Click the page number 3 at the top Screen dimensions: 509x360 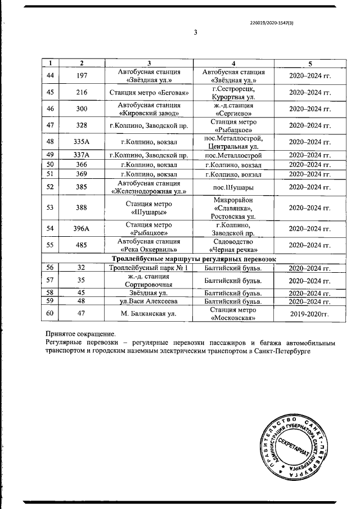point(195,33)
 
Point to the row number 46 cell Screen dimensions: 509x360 point(50,109)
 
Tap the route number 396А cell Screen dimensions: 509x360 point(82,228)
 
